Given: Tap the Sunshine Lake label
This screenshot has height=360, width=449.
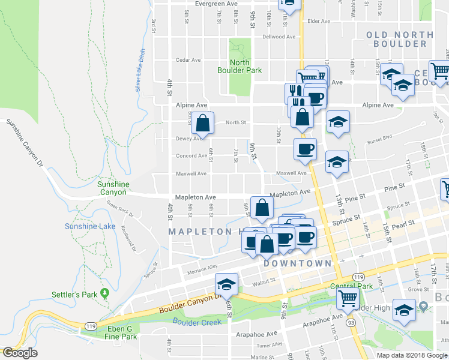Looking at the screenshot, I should click(x=90, y=226).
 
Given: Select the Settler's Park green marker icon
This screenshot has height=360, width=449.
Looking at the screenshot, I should click(x=105, y=293).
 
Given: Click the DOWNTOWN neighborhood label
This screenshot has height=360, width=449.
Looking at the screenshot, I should click(x=297, y=263).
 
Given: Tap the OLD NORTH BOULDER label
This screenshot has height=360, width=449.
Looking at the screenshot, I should click(x=400, y=39).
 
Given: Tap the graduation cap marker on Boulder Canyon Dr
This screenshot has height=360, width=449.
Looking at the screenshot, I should click(x=226, y=284).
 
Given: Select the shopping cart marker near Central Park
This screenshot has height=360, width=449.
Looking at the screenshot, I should click(x=348, y=298).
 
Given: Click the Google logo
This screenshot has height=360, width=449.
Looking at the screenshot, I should click(x=20, y=353).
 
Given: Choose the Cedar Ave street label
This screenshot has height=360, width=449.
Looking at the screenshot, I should click(x=187, y=60).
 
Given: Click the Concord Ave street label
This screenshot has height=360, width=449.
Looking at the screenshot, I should click(x=191, y=156).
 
